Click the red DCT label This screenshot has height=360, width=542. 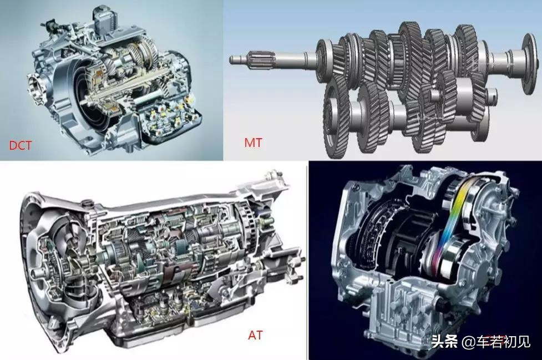click(20, 145)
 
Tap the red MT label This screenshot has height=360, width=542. click(253, 143)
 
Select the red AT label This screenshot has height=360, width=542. click(255, 335)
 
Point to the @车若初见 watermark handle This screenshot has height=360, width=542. click(496, 342)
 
